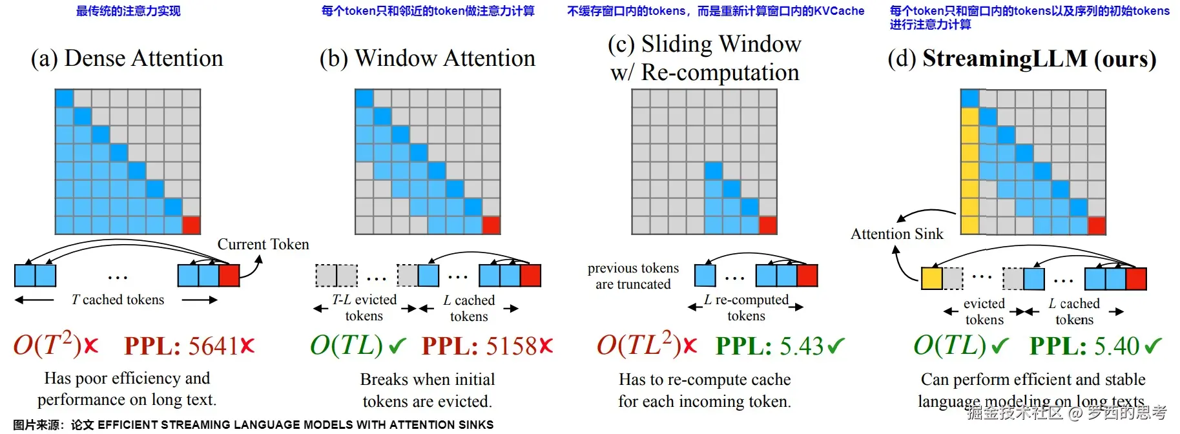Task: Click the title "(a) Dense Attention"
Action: (127, 58)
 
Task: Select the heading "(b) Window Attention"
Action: (427, 58)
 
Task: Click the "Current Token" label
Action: (263, 244)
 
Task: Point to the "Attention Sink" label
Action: (896, 234)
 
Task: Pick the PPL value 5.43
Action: (802, 346)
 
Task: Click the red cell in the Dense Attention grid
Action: (191, 225)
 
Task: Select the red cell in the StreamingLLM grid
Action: (1097, 225)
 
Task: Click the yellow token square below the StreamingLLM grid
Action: (931, 278)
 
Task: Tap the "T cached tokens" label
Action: (118, 300)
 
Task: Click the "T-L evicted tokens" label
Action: (364, 307)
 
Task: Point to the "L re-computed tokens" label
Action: (746, 307)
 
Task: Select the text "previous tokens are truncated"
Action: (633, 276)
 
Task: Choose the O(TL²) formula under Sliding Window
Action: (639, 346)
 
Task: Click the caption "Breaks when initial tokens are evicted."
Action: (427, 390)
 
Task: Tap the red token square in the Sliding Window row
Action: (807, 276)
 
